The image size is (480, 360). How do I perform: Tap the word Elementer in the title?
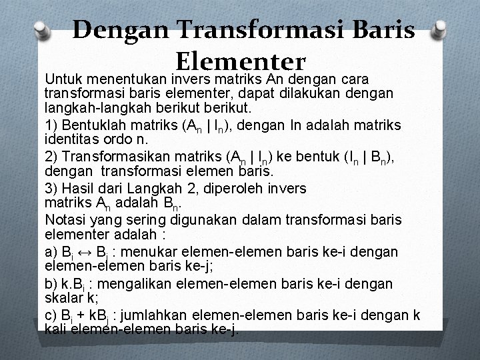(x=240, y=61)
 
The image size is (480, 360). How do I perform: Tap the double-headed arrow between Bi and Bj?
(x=82, y=251)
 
